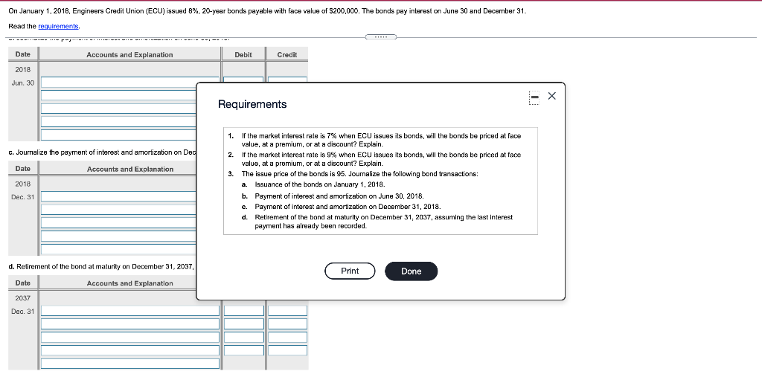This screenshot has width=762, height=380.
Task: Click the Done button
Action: [411, 271]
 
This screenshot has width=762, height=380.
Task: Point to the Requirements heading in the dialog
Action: [252, 105]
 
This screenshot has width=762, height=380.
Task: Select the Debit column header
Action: [243, 54]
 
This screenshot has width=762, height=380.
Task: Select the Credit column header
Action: [286, 54]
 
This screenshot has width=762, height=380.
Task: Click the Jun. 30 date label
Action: [23, 83]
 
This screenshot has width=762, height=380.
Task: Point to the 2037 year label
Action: [23, 297]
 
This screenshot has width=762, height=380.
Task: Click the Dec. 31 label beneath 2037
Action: [23, 311]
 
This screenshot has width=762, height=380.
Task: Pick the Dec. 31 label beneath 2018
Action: [23, 196]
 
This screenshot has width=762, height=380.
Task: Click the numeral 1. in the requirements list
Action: [231, 136]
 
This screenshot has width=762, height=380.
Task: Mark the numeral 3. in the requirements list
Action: [231, 173]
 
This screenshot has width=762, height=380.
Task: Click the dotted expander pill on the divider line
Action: [381, 36]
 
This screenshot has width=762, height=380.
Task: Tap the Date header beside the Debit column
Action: [23, 54]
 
